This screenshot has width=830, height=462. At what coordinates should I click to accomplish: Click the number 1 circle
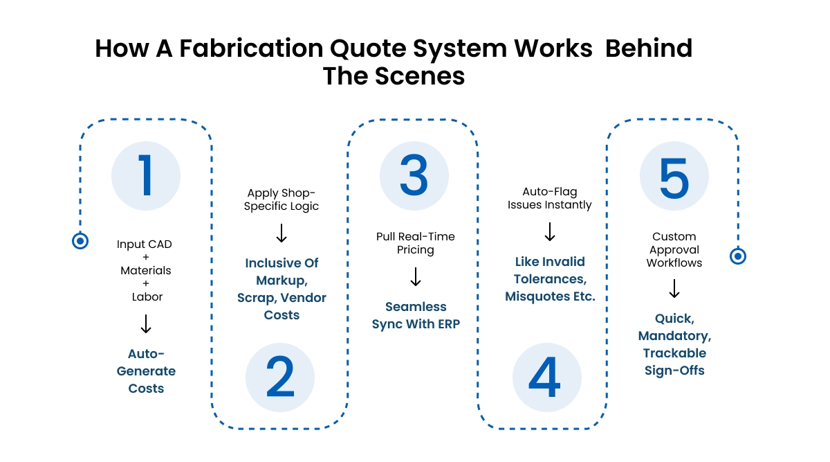146,176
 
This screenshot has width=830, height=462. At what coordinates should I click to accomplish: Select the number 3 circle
414,176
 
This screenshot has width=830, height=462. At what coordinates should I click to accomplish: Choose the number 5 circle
674,176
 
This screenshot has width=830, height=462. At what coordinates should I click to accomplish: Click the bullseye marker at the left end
80,241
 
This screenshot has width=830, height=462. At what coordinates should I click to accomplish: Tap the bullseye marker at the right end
738,256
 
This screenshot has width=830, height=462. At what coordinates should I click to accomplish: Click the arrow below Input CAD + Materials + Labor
146,323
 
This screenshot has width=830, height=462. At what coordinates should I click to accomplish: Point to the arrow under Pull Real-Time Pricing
416,276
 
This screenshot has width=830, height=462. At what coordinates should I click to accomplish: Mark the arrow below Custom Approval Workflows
674,288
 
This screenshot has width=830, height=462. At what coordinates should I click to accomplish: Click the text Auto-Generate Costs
146,371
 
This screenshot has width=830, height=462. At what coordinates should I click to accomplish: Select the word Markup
281,281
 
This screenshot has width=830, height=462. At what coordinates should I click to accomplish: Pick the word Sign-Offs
674,371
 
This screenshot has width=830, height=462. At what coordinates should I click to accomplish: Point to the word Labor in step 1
147,296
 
